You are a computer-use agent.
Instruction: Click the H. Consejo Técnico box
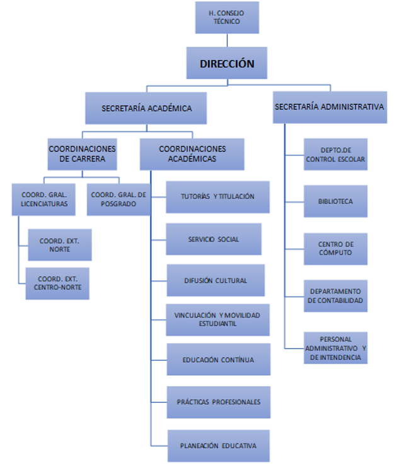[x=227, y=17]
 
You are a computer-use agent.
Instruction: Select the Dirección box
[x=227, y=63]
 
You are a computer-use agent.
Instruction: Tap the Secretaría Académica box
[x=146, y=108]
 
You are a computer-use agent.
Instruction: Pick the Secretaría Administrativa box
[x=329, y=107]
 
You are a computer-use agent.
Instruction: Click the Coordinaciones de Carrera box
[x=82, y=154]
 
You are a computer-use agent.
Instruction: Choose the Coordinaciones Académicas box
[x=192, y=154]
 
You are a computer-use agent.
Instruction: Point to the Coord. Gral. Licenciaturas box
[x=44, y=199]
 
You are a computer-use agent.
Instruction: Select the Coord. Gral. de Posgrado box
[x=119, y=199]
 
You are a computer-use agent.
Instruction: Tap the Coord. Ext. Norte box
[x=60, y=245]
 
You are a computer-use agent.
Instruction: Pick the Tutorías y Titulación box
[x=218, y=197]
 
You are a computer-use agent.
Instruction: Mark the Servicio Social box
[x=214, y=239]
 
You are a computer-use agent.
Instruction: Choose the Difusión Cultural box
[x=216, y=280]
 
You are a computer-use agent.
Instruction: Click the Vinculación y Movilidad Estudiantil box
[x=218, y=319]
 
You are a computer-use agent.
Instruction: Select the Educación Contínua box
[x=218, y=360]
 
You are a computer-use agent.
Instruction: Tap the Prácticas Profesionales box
[x=218, y=402]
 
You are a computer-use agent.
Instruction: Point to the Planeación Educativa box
[x=218, y=446]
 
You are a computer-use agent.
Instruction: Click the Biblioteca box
[x=335, y=201]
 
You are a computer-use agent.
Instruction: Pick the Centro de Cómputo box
[x=335, y=248]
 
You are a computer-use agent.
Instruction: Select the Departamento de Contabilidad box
[x=335, y=295]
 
